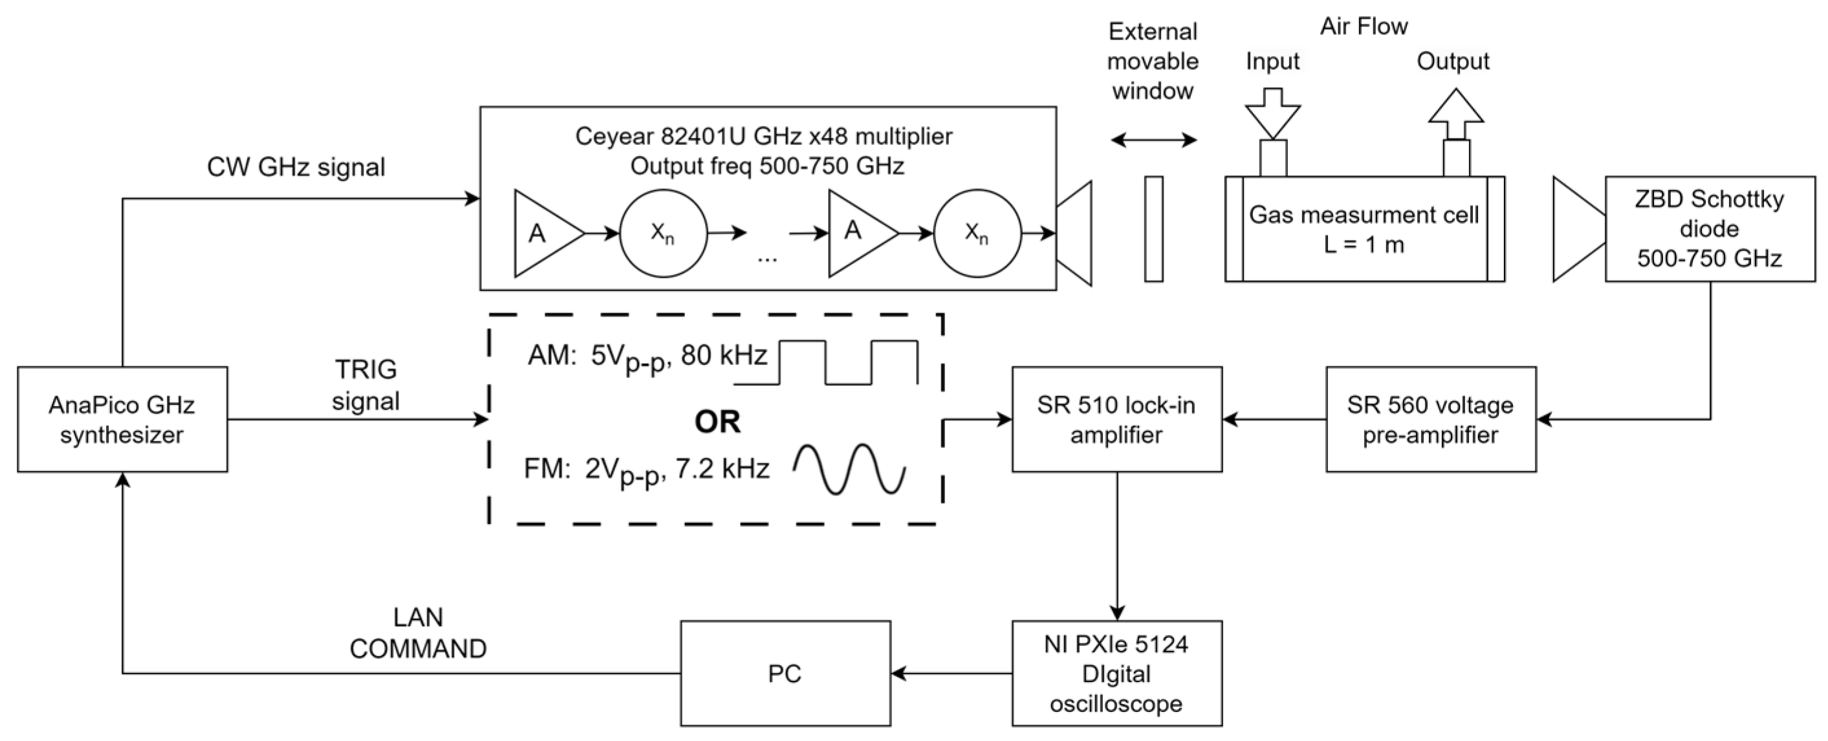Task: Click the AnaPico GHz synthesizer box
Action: (x=122, y=419)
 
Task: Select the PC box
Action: (x=785, y=674)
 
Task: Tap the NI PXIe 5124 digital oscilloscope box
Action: (x=1116, y=674)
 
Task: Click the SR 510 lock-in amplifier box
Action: (x=1116, y=419)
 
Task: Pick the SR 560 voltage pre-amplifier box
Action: (x=1431, y=419)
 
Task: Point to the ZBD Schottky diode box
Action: (x=1710, y=228)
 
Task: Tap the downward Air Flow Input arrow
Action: (x=1273, y=113)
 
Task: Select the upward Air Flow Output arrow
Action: (x=1456, y=113)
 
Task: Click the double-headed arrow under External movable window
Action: (x=1154, y=140)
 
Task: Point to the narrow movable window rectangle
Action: (x=1154, y=228)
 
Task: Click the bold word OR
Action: (x=717, y=421)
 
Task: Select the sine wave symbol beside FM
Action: (x=849, y=469)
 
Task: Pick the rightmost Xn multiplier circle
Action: (x=977, y=233)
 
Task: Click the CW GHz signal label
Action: (x=296, y=168)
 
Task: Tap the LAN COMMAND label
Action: (x=418, y=633)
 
